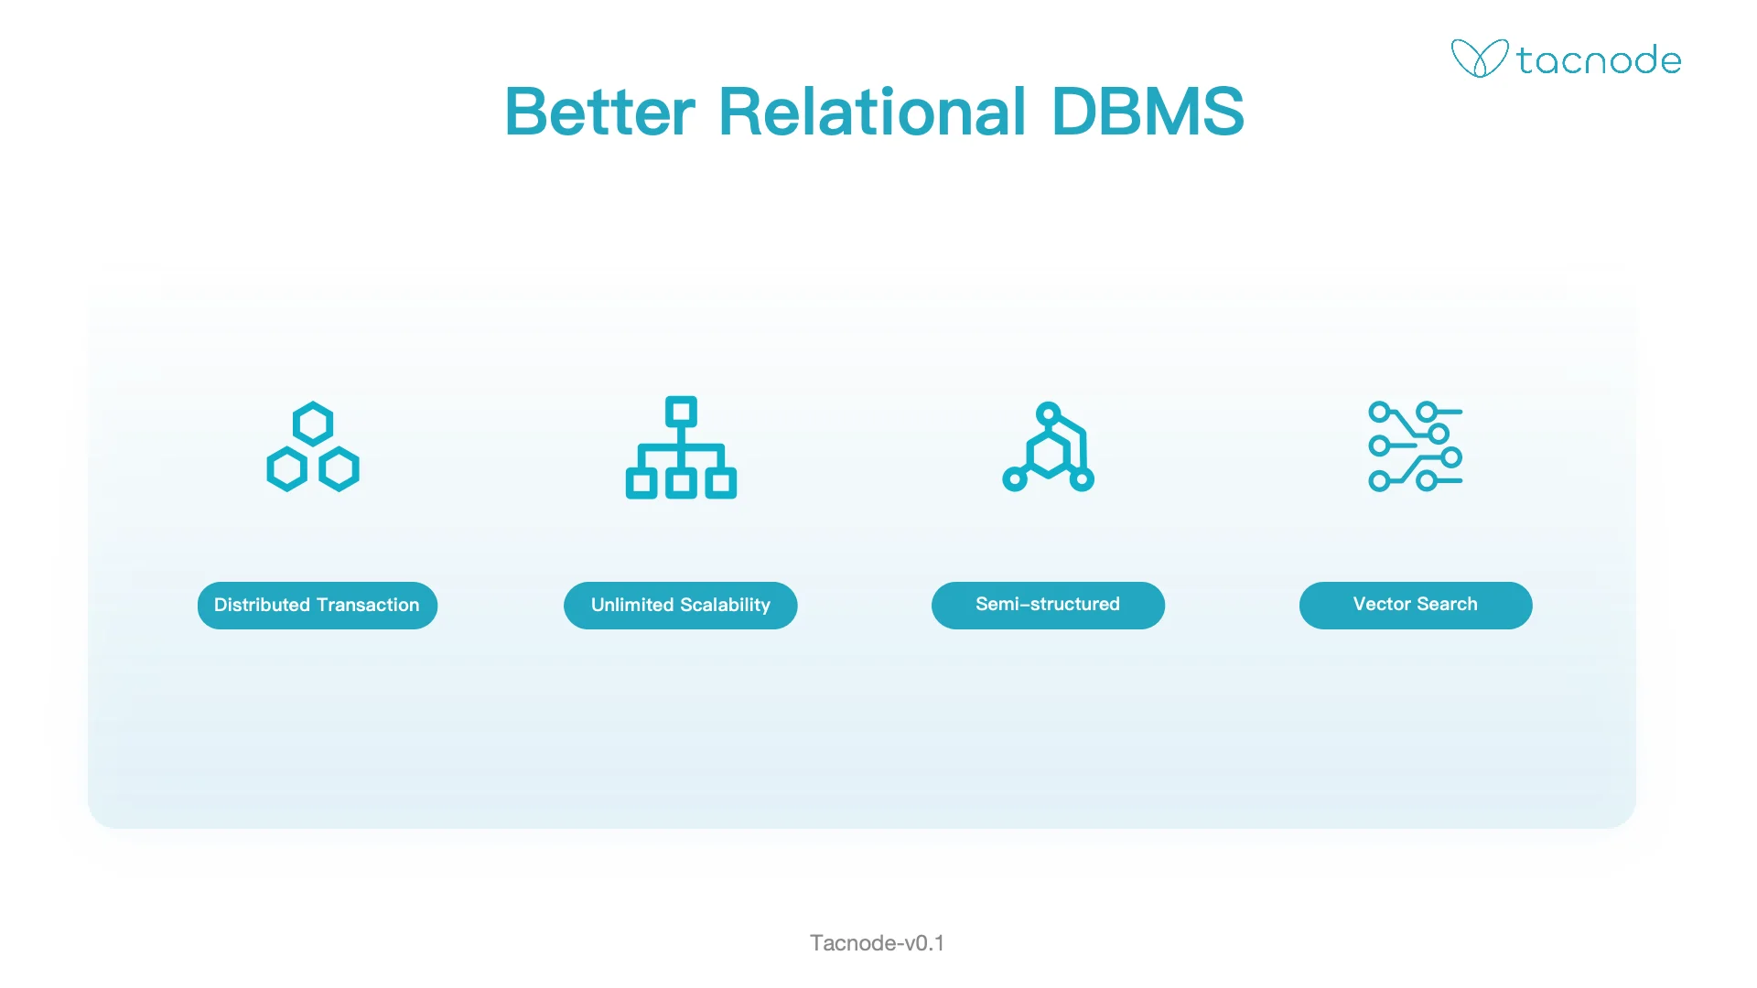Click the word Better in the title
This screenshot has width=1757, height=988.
pos(599,113)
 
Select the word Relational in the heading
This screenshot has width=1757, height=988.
pos(872,113)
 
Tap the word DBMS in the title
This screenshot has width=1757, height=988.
pos(1148,113)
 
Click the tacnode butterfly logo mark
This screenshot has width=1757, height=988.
pos(1479,59)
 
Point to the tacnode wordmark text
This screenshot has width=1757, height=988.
pos(1599,60)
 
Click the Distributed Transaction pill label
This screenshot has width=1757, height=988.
pos(317,605)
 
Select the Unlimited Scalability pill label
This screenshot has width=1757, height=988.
pos(680,605)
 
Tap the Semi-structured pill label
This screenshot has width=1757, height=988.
pos(1048,605)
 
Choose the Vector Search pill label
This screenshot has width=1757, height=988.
pos(1415,605)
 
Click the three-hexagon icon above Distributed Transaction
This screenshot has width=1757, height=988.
pos(313,447)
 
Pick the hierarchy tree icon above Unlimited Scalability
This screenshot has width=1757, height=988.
pos(681,447)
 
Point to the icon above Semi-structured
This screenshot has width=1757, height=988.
pos(1049,447)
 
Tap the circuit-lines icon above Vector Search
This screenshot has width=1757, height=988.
pos(1415,446)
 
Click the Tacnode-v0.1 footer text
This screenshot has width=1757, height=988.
pos(877,943)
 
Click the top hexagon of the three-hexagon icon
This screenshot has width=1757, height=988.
pos(313,424)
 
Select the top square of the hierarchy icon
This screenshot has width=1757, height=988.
pos(681,412)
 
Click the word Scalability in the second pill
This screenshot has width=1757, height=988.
pos(725,605)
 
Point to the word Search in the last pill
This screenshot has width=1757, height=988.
pos(1447,604)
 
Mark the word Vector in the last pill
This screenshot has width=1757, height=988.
pos(1382,604)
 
